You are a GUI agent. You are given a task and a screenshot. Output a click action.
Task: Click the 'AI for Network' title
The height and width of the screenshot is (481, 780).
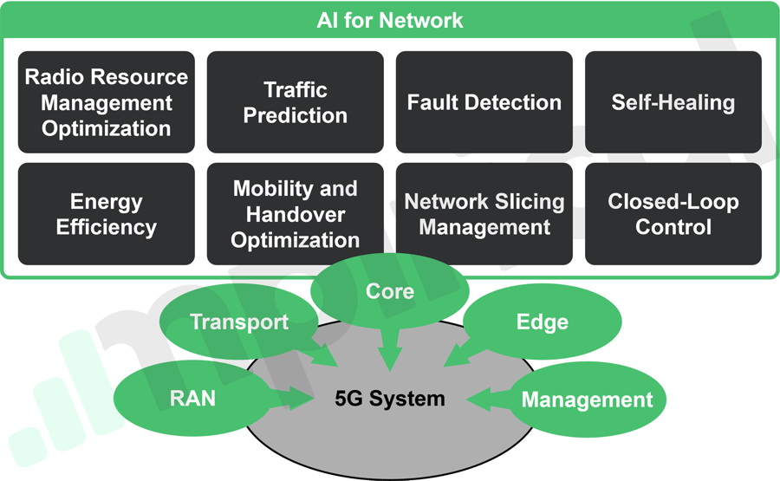[390, 20]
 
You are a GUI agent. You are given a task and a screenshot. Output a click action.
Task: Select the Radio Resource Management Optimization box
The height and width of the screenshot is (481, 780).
[106, 102]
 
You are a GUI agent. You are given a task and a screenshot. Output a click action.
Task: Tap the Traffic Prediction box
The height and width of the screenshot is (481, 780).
[295, 102]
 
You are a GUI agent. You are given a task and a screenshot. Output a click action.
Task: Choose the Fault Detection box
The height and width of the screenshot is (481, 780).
[484, 102]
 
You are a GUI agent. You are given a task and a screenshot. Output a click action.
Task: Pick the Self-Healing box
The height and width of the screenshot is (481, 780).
[673, 102]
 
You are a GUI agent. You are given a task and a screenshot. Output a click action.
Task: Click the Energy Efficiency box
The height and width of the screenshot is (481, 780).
[106, 214]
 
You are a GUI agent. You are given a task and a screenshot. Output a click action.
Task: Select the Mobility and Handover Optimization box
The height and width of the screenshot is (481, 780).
[295, 214]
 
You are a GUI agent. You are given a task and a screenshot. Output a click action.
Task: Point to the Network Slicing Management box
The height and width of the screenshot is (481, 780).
[484, 214]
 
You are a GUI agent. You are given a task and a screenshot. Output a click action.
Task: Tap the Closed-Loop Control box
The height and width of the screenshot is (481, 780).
[673, 214]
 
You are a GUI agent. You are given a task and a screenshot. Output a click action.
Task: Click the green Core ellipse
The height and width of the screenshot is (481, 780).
[390, 292]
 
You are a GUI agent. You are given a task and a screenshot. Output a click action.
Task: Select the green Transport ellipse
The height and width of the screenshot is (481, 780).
[239, 322]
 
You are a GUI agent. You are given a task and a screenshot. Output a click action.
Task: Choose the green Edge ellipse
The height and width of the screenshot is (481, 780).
[543, 322]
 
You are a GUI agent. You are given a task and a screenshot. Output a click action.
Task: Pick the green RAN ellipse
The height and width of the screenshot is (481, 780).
[192, 399]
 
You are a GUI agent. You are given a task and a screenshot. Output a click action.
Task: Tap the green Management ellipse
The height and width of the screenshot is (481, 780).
[588, 400]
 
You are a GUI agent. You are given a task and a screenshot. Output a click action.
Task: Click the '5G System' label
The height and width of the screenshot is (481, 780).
[390, 400]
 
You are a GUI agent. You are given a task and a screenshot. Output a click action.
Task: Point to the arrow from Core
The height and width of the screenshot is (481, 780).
[390, 351]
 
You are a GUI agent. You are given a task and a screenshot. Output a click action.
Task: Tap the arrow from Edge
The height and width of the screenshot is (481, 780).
[458, 354]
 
